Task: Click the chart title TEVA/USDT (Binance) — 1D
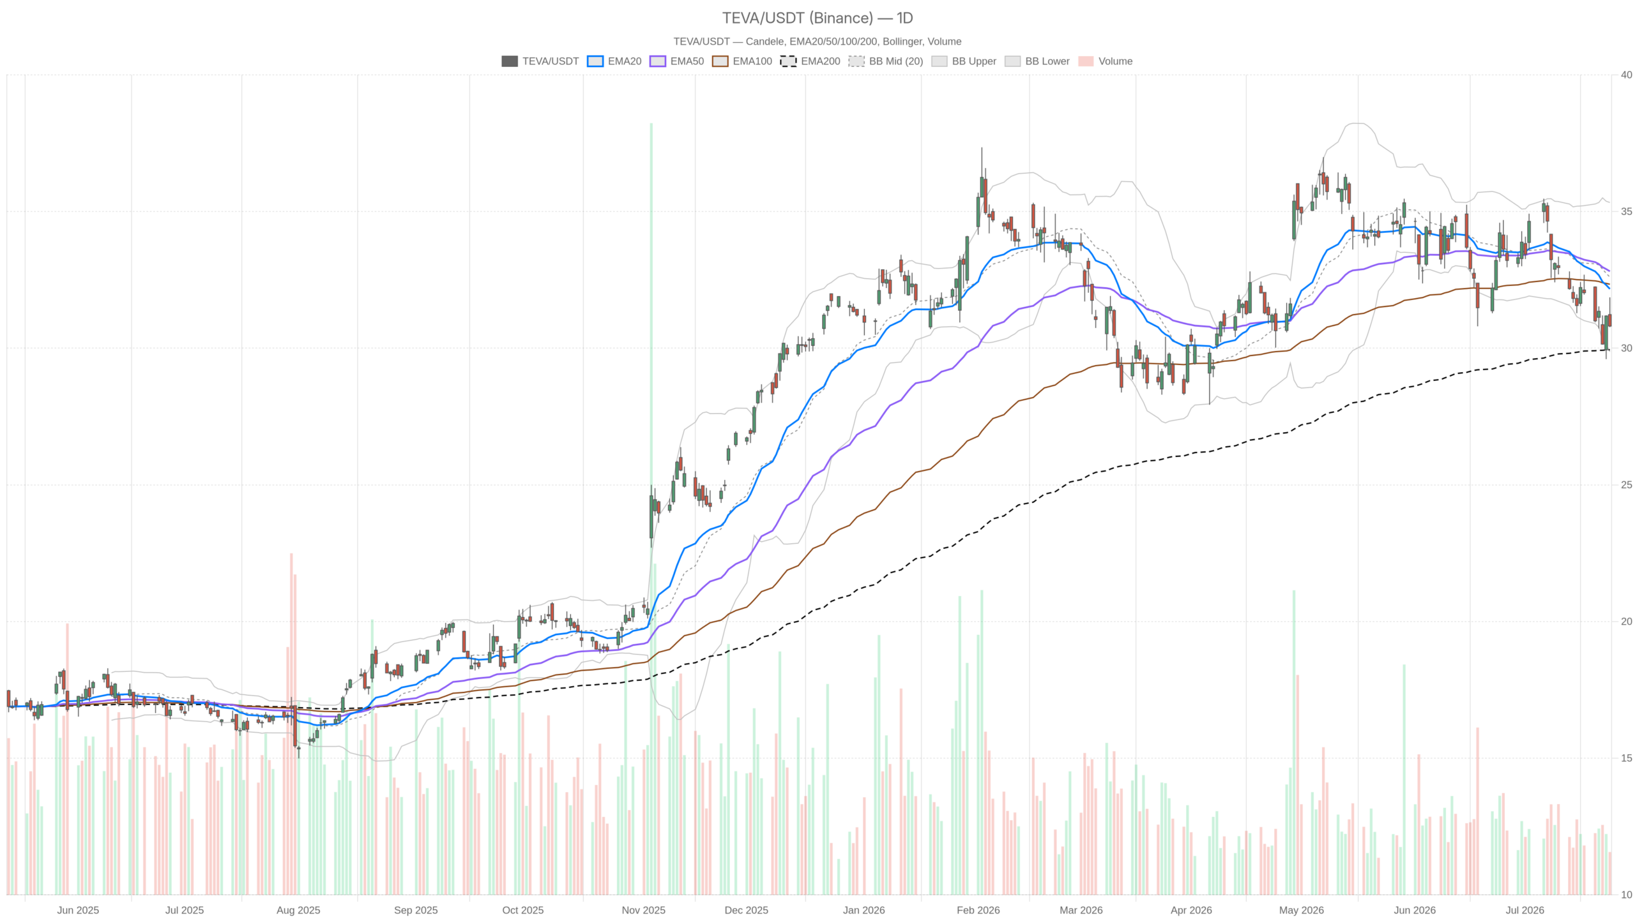(817, 18)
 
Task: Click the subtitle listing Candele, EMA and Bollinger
(817, 41)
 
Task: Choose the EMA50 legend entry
(676, 61)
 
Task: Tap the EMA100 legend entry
(741, 61)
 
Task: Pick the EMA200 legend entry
(810, 61)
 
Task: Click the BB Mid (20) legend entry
(885, 61)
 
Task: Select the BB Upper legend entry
(964, 61)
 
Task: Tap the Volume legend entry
(1105, 61)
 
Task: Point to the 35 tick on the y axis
(1626, 211)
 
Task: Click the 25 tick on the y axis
(1626, 485)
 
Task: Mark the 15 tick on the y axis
(1626, 758)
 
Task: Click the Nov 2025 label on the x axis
(643, 910)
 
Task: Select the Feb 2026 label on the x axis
(978, 910)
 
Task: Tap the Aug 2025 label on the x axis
(298, 910)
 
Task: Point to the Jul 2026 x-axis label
(1525, 910)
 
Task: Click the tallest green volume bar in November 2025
(651, 509)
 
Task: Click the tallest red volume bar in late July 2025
(291, 724)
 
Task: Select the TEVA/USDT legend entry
(540, 61)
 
